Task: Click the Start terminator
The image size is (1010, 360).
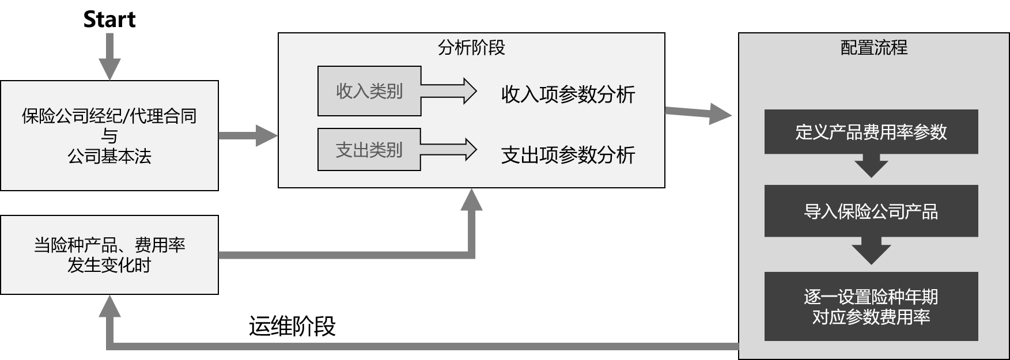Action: (x=109, y=20)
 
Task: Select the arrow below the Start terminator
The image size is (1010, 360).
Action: (x=109, y=58)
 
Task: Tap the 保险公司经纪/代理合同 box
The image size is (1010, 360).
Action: (x=109, y=135)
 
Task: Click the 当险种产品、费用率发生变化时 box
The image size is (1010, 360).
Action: (x=109, y=255)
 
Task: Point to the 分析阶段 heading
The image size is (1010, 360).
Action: (x=471, y=47)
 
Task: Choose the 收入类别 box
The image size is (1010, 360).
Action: (x=369, y=91)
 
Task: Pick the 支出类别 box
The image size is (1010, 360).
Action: (x=369, y=150)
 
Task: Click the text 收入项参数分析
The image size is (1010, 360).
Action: (x=568, y=94)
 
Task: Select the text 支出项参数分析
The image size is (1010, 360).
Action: (x=568, y=155)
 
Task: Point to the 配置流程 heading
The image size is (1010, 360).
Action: (x=874, y=47)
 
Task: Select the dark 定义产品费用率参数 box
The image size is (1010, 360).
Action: (x=871, y=132)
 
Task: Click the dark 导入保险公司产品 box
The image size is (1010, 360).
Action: (x=871, y=211)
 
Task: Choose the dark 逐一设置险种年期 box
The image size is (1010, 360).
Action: (x=871, y=306)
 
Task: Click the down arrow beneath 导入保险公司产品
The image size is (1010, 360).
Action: (x=871, y=251)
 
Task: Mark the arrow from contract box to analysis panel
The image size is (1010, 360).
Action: (x=248, y=136)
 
